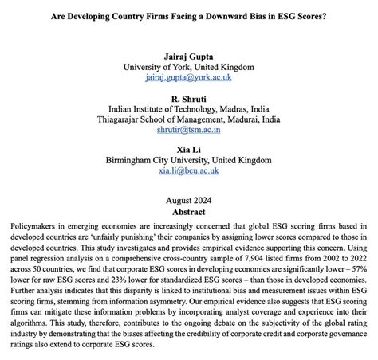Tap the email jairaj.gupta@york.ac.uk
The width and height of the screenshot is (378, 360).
[187, 79]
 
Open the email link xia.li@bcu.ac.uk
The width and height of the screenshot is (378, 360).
[187, 171]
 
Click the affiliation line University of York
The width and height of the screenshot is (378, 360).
[187, 68]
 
